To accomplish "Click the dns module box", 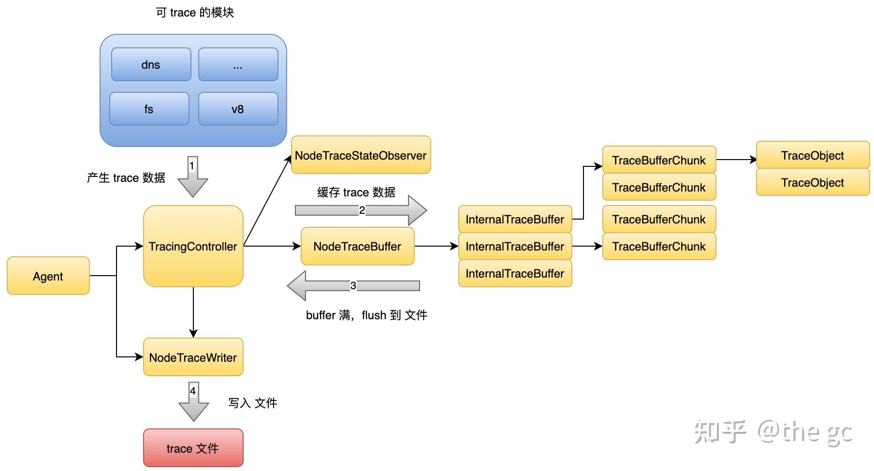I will tap(151, 64).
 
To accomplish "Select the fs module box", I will tap(149, 109).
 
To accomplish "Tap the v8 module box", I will tap(238, 109).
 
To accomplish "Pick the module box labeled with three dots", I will tap(238, 64).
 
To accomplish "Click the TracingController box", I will tap(193, 246).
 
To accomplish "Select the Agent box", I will tap(48, 276).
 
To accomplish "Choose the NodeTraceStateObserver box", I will tap(361, 155).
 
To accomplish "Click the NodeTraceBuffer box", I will tap(357, 246).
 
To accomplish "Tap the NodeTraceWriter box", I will tap(193, 357).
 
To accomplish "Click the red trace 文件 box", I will tap(193, 448).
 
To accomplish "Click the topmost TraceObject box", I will tap(812, 155).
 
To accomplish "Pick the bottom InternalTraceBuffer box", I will tap(515, 273).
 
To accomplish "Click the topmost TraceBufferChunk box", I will tap(658, 160).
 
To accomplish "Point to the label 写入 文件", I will tap(252, 403).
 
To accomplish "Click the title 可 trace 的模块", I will tap(195, 12).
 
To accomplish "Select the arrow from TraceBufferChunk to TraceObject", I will tap(736, 160).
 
